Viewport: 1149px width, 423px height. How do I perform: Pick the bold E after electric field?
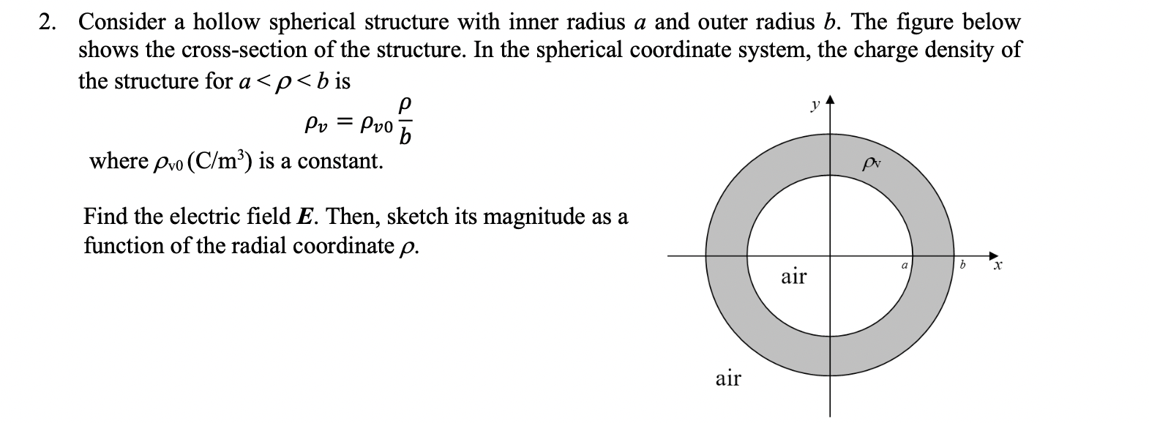(x=303, y=217)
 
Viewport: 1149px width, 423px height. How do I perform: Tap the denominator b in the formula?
(x=408, y=136)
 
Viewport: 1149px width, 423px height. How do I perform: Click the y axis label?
(x=814, y=107)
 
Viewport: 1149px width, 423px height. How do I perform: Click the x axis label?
(x=998, y=270)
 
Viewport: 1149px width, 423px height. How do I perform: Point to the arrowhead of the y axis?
(x=829, y=103)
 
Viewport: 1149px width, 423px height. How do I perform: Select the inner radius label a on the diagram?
(x=905, y=265)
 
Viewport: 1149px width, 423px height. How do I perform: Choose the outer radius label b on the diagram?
(x=963, y=266)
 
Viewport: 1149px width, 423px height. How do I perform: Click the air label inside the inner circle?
(x=794, y=277)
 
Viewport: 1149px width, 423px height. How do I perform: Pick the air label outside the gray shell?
(x=728, y=378)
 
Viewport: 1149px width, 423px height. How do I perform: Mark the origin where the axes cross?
(x=829, y=256)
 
